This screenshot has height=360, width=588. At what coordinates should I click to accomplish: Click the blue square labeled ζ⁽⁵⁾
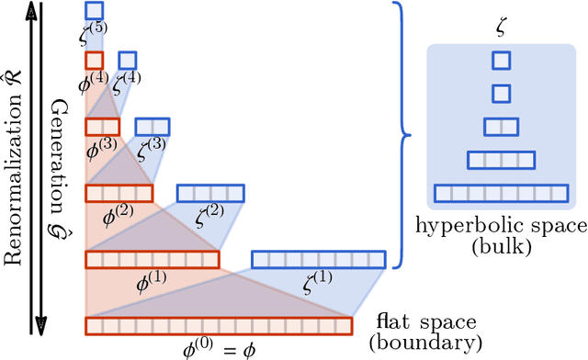click(x=94, y=11)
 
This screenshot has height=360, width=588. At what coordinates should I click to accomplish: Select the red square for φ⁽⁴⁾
click(x=94, y=61)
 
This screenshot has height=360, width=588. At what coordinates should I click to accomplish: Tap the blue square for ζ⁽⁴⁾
click(x=127, y=61)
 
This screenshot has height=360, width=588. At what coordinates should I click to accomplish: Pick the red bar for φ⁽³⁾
click(x=102, y=127)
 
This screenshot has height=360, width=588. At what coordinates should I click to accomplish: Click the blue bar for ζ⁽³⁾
click(x=152, y=127)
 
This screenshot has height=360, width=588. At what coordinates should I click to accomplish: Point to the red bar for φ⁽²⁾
click(x=119, y=193)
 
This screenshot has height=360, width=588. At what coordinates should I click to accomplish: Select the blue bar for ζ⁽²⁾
click(x=210, y=193)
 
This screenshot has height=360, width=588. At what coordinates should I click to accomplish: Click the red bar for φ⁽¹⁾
click(x=153, y=260)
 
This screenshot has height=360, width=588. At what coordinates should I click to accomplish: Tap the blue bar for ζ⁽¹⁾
click(x=319, y=260)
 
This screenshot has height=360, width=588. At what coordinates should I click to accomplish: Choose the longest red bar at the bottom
click(x=219, y=326)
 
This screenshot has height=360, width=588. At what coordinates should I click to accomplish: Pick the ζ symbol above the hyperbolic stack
click(x=501, y=32)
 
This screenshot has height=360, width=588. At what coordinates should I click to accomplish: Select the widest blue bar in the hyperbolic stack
click(x=501, y=194)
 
